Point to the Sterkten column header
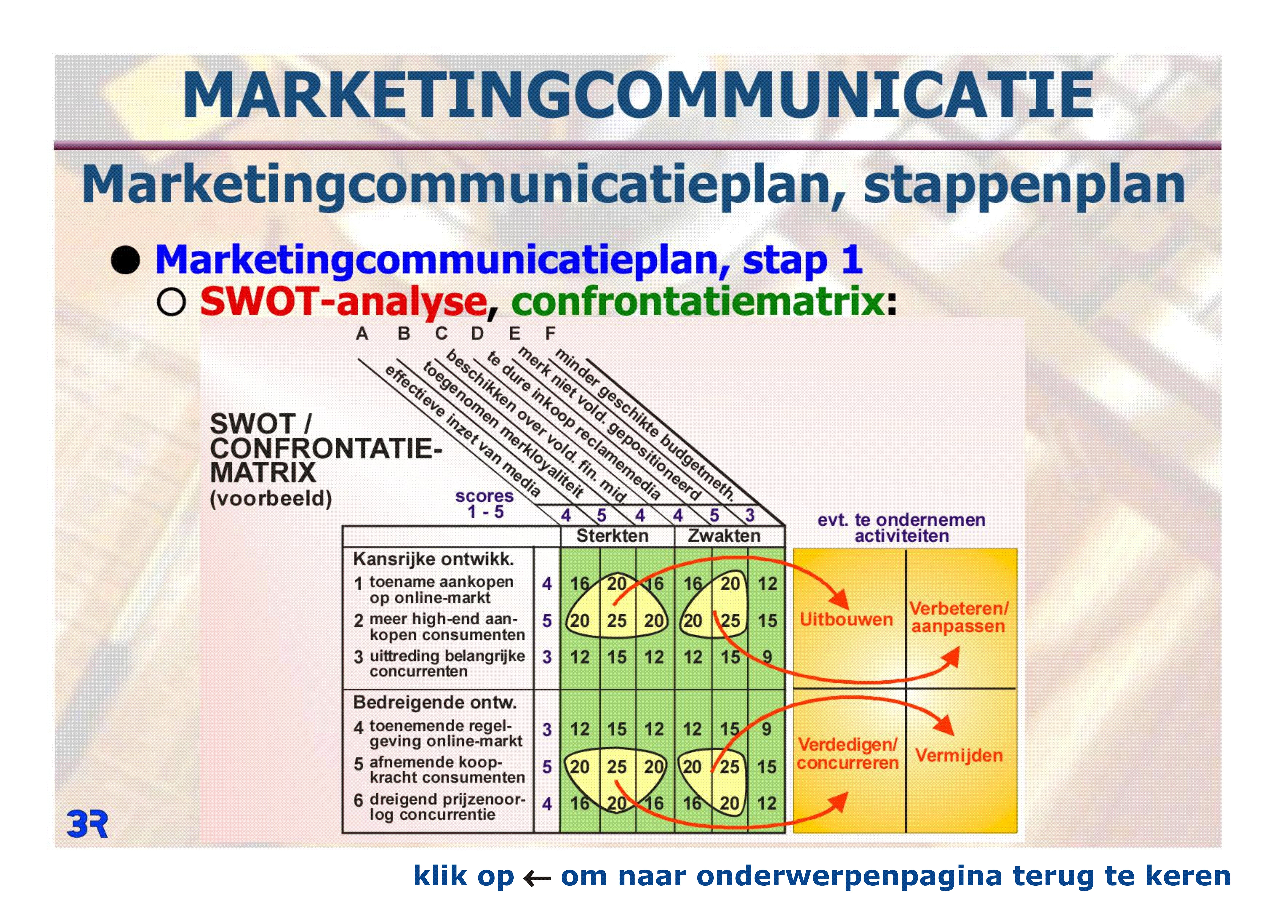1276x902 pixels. pyautogui.click(x=612, y=536)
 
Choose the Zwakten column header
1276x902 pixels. pyautogui.click(x=724, y=536)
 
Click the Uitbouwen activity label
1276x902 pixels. pyautogui.click(x=846, y=619)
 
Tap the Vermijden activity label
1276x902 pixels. pyautogui.click(x=959, y=755)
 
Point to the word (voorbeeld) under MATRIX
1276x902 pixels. pyautogui.click(x=271, y=498)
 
